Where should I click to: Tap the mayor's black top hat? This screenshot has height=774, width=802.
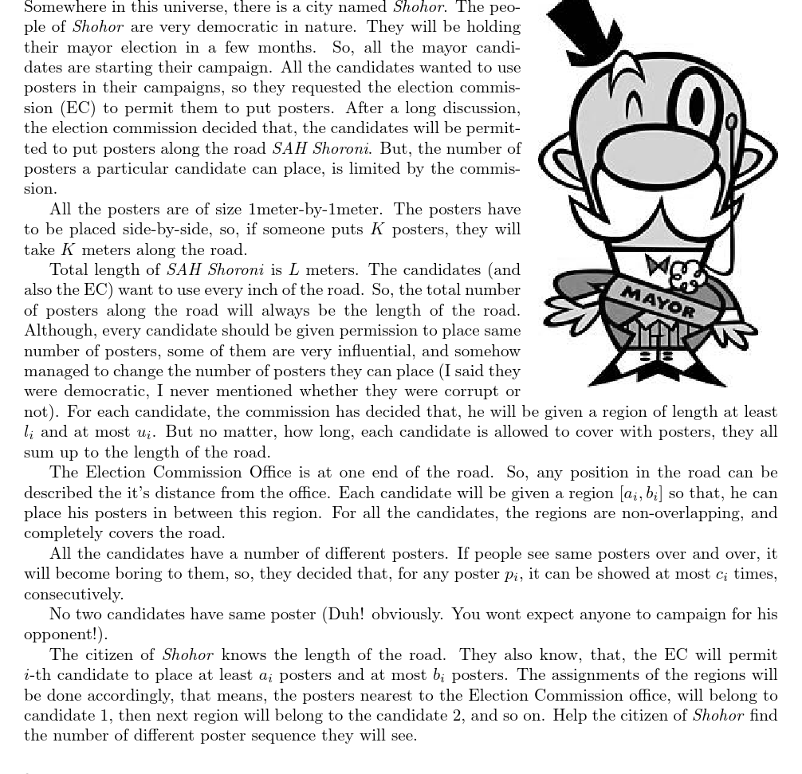click(585, 28)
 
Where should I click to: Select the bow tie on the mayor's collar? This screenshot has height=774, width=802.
click(658, 265)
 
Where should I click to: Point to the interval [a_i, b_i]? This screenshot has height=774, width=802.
click(641, 493)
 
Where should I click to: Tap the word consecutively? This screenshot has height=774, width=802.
click(73, 595)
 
